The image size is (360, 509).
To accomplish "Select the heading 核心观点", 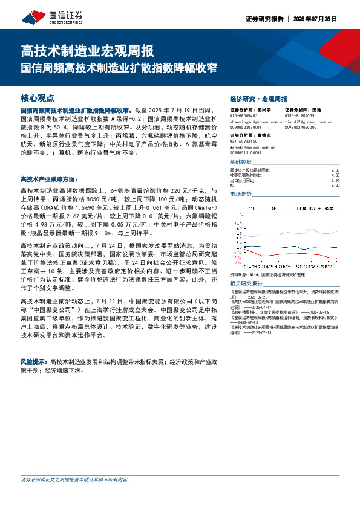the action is pos(38,97).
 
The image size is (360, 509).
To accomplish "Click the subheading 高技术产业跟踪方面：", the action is pos(48,179).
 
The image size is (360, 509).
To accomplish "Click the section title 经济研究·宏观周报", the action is pos(258,98).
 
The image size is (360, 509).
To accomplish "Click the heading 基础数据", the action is pos(240,163).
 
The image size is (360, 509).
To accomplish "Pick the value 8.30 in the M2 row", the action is pos(336,185).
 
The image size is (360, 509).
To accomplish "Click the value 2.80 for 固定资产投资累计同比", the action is pos(336,170).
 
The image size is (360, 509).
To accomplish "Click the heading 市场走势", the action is pos(240,194).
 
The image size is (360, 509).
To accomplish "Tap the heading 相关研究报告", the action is pos(246,283).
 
